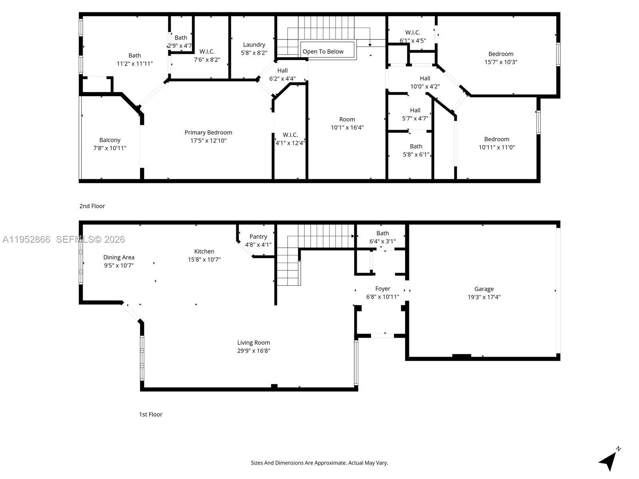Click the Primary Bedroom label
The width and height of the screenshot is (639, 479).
[208, 133]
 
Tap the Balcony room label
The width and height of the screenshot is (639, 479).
[110, 140]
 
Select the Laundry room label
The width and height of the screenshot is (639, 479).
[254, 45]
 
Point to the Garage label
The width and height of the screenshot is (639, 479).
[484, 289]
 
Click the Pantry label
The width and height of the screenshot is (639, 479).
[258, 237]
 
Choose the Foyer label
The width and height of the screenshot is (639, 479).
[383, 289]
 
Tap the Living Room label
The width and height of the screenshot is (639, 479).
[254, 342]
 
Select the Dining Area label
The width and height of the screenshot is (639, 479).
[119, 257]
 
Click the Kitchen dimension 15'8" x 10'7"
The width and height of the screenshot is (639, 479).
[204, 259]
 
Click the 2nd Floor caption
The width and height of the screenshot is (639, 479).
[92, 206]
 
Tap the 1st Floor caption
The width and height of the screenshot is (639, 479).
[151, 414]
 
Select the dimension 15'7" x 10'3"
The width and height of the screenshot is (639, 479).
[501, 62]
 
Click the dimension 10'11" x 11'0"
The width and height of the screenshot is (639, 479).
[497, 147]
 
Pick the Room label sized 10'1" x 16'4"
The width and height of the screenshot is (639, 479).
[347, 119]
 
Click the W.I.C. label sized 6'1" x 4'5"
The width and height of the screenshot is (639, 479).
[413, 33]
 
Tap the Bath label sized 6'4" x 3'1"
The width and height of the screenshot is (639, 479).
[383, 233]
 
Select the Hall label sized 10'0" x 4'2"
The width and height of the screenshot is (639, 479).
[425, 79]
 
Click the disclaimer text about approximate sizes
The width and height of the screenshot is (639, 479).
[319, 463]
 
